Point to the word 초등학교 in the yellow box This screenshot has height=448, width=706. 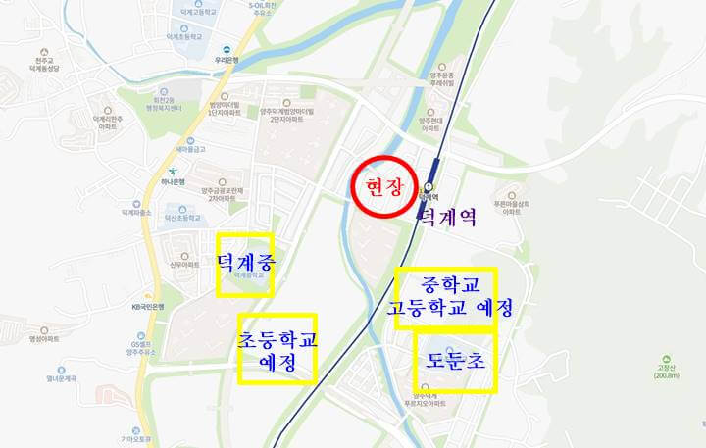point(277,339)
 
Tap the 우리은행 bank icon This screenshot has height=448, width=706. point(225,51)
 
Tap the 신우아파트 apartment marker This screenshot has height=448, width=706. point(183,263)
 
